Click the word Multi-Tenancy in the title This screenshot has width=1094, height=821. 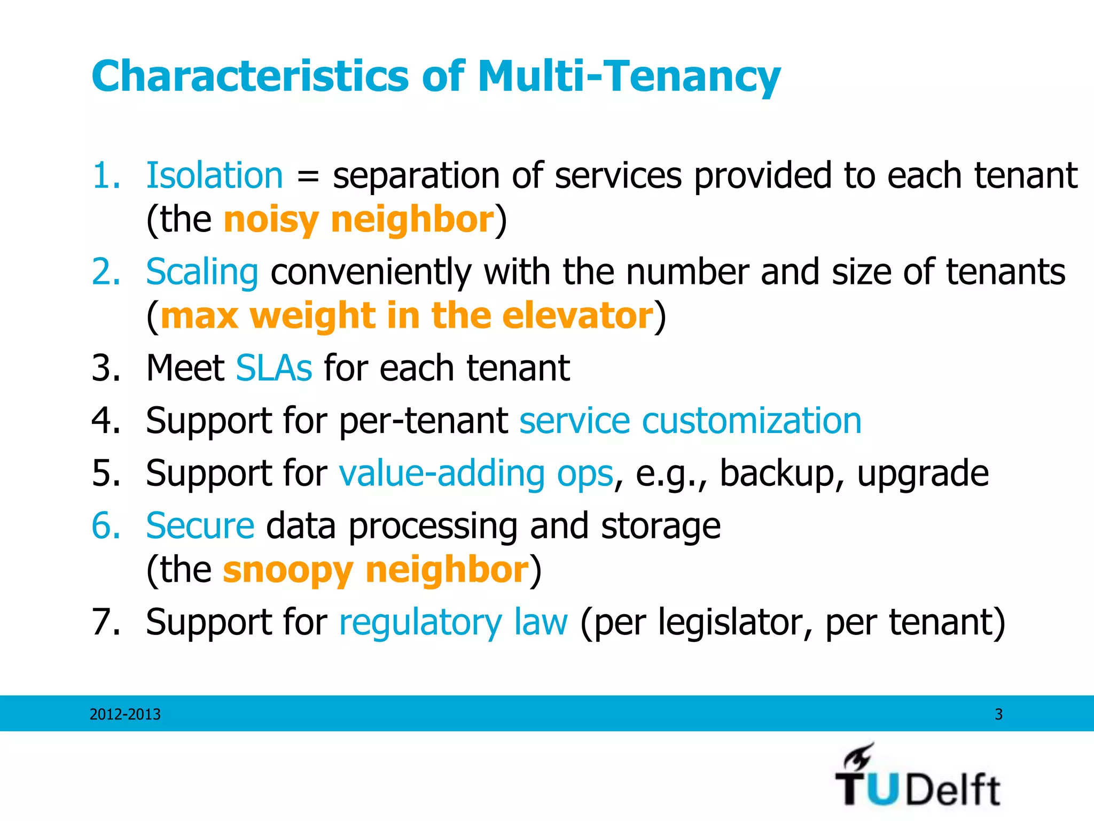click(629, 76)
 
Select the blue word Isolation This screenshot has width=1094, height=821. click(214, 175)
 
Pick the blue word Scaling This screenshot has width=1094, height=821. click(202, 272)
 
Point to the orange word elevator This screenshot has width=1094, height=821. click(577, 315)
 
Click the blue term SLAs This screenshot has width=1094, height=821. click(273, 368)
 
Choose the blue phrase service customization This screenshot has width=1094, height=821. click(690, 421)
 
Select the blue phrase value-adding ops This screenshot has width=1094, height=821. click(476, 474)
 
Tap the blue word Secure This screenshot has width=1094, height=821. click(200, 526)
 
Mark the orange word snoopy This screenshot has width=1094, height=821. click(288, 570)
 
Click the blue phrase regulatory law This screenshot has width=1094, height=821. click(453, 622)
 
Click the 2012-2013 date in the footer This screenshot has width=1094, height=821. click(125, 714)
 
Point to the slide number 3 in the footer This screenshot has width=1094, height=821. click(998, 714)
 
